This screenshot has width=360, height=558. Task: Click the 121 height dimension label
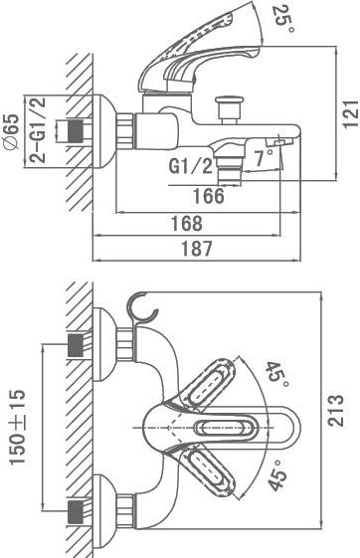pos(351,113)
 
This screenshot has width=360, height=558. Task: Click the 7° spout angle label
pos(265,157)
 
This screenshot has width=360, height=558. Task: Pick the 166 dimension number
pos(209,196)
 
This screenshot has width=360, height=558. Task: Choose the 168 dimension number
pos(187,224)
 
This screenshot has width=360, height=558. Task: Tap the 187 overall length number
pos(197,249)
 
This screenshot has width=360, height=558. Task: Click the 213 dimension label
pos(336,410)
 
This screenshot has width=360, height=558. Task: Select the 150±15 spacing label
pos(18,427)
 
